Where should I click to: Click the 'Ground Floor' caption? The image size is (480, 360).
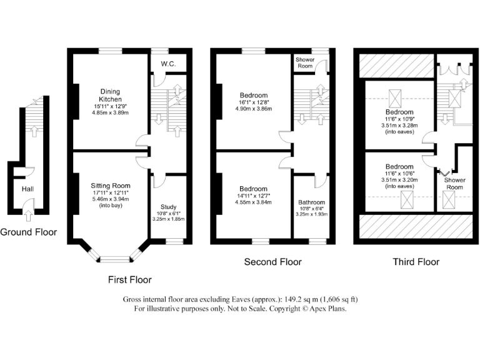28,232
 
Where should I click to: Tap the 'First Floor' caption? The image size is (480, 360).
129,279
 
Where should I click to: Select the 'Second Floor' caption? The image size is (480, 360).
272,262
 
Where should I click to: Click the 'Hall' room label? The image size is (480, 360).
27,189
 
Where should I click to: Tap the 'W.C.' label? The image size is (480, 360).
167,63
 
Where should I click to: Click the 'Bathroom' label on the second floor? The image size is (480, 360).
311,202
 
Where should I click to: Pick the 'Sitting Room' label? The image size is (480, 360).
110,186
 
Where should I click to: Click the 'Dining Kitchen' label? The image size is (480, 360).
109,96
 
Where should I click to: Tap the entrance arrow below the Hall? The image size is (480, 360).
27,216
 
